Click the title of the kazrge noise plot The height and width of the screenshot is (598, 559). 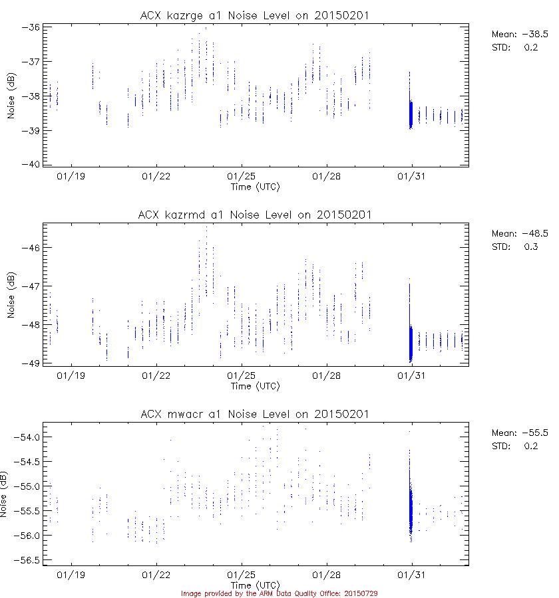coord(255,15)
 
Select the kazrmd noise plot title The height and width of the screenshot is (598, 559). coord(255,215)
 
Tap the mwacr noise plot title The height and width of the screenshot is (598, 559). coord(255,414)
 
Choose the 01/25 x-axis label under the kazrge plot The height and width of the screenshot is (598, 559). coord(242,177)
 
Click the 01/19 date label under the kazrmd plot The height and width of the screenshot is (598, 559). coord(71,376)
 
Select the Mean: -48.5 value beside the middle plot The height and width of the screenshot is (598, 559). coord(519,234)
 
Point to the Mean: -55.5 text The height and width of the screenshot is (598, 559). coord(519,433)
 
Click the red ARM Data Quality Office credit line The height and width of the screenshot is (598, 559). coord(279,593)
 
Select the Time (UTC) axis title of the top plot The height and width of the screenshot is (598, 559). coord(255,187)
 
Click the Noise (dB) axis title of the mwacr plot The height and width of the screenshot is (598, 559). coord(5,494)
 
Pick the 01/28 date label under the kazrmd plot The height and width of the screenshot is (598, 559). coord(326,376)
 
